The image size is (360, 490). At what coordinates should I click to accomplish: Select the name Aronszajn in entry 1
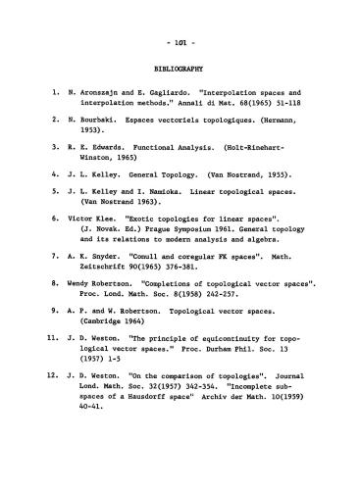(108, 99)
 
